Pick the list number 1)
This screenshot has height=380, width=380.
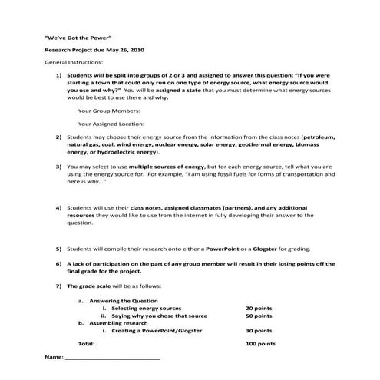click(x=59, y=77)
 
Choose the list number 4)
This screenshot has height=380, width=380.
click(x=59, y=207)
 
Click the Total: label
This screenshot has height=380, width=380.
click(x=88, y=344)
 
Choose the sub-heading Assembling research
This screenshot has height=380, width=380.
click(x=119, y=322)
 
